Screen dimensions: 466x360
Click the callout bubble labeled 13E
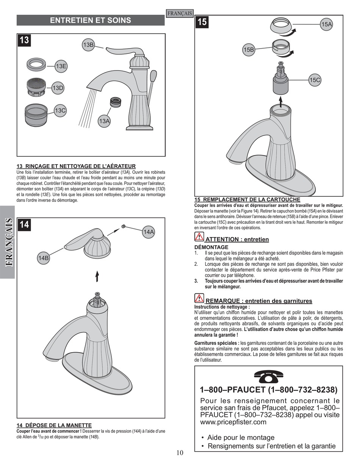coord(61,66)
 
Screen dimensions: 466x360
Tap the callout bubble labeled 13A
coord(104,121)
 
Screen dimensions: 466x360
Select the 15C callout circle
coord(315,80)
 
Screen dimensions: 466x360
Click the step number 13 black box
coord(24,40)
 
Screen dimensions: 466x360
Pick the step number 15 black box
coord(202,22)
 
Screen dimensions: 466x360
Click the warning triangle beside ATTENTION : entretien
coord(199,237)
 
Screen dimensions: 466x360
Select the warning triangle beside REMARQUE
coord(199,298)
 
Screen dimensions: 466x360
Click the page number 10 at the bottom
coord(180,452)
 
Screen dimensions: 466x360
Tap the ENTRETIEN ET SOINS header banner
coord(90,20)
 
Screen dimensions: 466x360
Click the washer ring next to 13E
coord(37,63)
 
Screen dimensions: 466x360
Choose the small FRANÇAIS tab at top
coord(180,14)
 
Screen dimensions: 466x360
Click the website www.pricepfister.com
coord(233,422)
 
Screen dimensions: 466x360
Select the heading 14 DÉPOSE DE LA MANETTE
coord(54,425)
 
